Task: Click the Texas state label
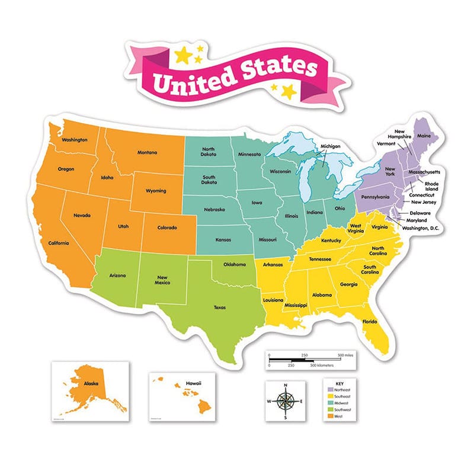[220, 307]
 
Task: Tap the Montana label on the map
[147, 152]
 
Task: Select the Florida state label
[370, 322]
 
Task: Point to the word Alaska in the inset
[91, 383]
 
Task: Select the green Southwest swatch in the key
[329, 409]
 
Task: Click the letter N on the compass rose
[286, 386]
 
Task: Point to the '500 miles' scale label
[345, 354]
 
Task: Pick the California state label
[59, 243]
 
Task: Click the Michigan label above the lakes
[331, 146]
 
